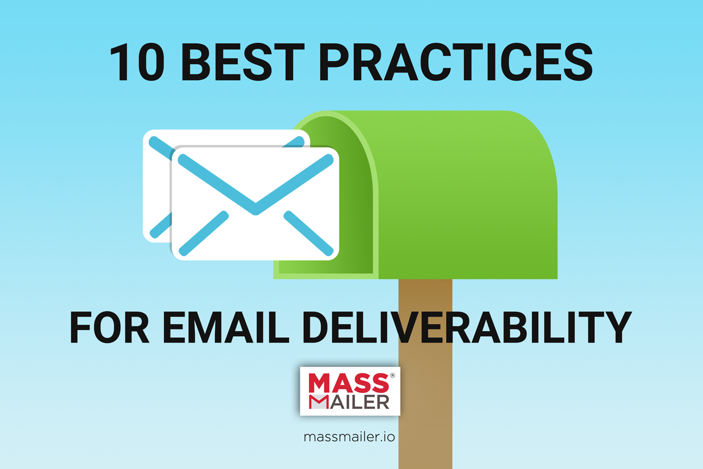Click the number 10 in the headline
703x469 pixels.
(137, 62)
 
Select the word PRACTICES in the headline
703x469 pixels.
(456, 62)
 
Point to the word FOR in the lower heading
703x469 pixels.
(109, 327)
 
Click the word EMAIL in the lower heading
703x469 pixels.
(226, 327)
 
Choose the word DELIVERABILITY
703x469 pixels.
(467, 327)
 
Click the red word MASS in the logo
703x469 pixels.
(349, 382)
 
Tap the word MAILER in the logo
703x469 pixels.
(349, 402)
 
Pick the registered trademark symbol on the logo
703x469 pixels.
(392, 375)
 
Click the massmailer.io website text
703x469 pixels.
(349, 437)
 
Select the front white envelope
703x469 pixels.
(255, 204)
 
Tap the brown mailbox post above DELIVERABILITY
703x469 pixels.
(425, 295)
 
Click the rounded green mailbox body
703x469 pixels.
(468, 195)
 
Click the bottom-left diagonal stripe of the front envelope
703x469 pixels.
(204, 233)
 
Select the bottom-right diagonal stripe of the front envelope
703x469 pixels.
(308, 233)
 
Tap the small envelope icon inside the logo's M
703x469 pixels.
(319, 402)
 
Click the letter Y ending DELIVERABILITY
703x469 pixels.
(617, 327)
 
